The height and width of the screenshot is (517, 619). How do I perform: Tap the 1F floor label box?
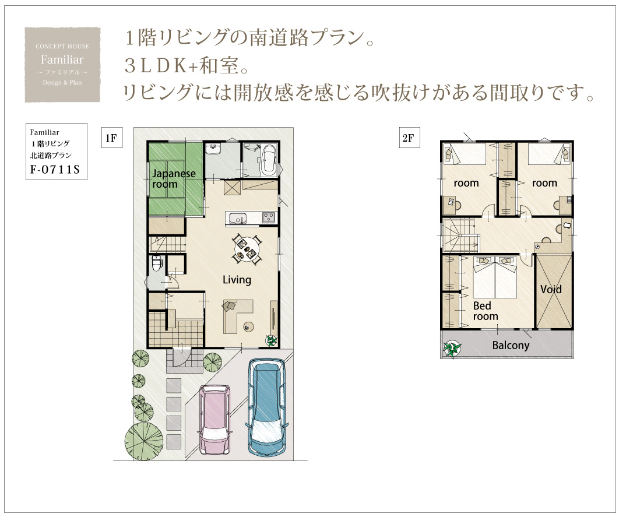click(x=112, y=138)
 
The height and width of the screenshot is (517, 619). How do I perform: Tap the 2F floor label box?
click(x=409, y=138)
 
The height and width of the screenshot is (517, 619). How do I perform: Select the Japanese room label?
click(x=174, y=179)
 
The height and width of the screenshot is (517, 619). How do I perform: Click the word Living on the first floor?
click(x=237, y=280)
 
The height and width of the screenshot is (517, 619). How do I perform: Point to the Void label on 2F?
click(x=551, y=289)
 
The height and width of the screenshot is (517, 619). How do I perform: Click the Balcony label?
click(x=511, y=345)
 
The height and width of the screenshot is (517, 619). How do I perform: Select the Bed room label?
click(x=485, y=311)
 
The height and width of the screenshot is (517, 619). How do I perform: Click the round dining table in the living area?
click(x=247, y=249)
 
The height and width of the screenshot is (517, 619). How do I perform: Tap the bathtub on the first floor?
click(x=270, y=160)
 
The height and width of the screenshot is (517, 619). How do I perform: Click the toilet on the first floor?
click(x=157, y=262)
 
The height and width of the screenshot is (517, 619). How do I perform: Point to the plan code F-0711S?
click(x=55, y=169)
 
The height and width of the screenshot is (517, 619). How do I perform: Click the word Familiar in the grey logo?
click(x=62, y=59)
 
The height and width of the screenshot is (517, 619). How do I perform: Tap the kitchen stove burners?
click(x=269, y=217)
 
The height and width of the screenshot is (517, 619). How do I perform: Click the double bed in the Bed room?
click(x=495, y=277)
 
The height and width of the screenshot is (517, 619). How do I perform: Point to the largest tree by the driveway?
click(x=144, y=441)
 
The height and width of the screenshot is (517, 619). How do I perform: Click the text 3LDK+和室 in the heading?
click(x=187, y=65)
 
